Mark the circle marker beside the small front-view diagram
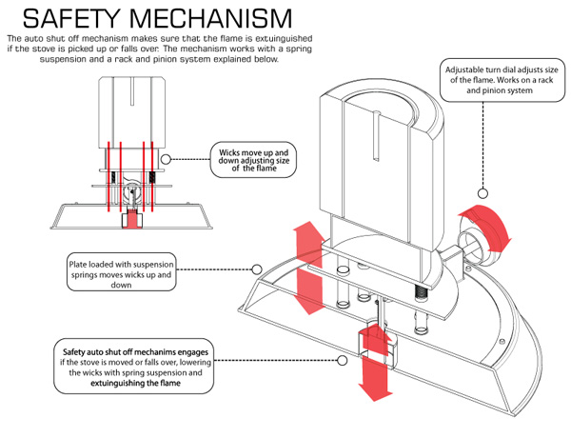click(167, 159)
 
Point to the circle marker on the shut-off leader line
click(343, 360)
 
